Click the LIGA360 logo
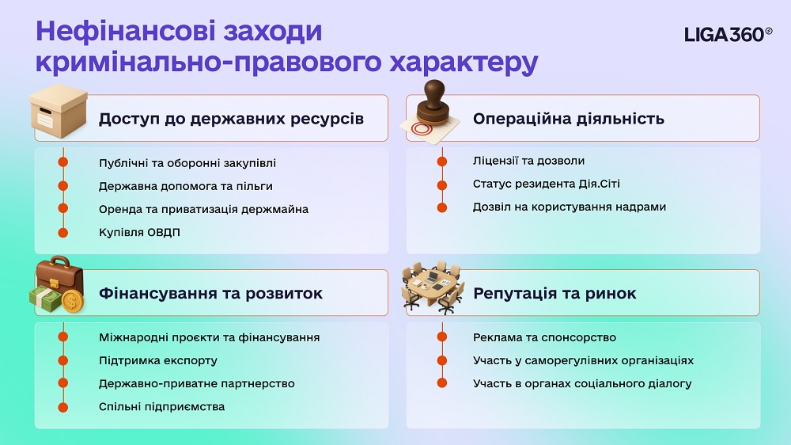(x=728, y=34)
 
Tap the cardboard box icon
(x=58, y=111)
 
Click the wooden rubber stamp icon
(x=430, y=112)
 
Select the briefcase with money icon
(x=57, y=285)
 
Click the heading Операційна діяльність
(x=569, y=119)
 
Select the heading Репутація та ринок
(x=554, y=293)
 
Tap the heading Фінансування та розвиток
(x=210, y=294)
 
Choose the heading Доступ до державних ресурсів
(x=231, y=119)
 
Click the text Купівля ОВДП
(x=139, y=232)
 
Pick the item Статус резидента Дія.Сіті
(x=547, y=184)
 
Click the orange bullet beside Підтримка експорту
(x=63, y=360)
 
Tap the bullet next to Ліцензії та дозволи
(x=442, y=161)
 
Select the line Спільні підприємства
(x=162, y=407)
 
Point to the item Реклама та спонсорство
(x=544, y=337)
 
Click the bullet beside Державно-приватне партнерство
(x=63, y=383)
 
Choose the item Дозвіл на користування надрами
(x=570, y=207)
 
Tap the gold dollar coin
(x=72, y=302)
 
